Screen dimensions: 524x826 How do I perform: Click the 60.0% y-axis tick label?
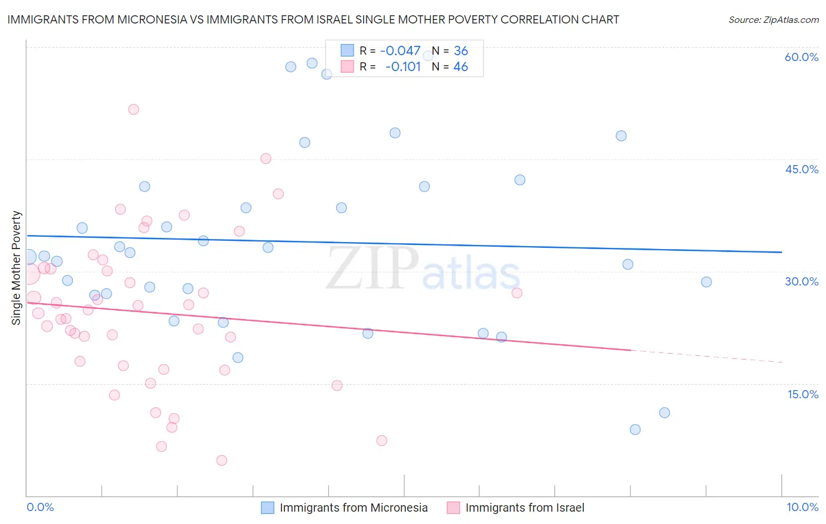pos(801,57)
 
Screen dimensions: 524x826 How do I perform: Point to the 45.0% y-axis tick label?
pos(801,169)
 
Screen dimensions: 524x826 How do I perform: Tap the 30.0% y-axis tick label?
pos(801,281)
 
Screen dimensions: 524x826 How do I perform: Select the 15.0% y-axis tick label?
pos(803,394)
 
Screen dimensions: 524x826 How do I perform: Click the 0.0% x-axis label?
pos(40,507)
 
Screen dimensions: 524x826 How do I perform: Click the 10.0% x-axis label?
pos(803,507)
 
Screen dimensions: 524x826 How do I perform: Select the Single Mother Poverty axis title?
pos(16,268)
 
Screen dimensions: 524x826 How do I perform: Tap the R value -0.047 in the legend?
pos(400,51)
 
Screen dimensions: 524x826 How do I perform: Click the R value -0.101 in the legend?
pos(403,67)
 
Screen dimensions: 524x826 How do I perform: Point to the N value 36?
pos(461,51)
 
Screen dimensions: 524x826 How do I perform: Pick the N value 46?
pos(461,67)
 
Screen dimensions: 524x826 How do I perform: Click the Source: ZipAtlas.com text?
pos(773,20)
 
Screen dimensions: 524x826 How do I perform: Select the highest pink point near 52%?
pos(133,109)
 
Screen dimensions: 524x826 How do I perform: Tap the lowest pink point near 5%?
pos(221,460)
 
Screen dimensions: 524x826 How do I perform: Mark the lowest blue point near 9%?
pos(635,429)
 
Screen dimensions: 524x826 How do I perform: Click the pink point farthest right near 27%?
pos(517,293)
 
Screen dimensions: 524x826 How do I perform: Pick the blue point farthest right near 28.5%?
pos(706,282)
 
